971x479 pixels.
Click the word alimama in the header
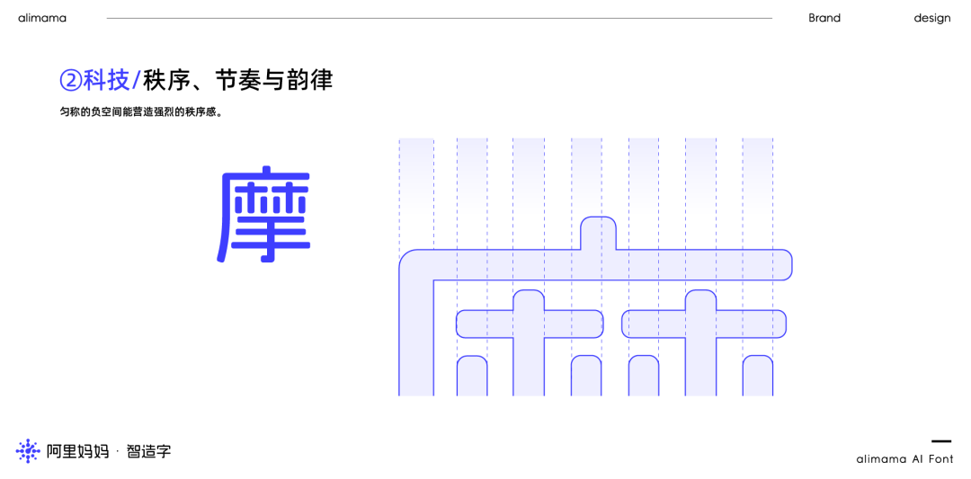(x=42, y=18)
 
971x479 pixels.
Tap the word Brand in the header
(x=824, y=18)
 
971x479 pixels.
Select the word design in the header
(x=931, y=18)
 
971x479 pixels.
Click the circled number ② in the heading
(x=71, y=80)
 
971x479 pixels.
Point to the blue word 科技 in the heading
(x=106, y=80)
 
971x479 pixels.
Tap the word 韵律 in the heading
(x=309, y=80)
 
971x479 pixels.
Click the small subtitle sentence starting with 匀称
(x=141, y=112)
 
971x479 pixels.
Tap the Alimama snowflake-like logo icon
(x=28, y=451)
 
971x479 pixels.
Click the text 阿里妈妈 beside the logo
(x=77, y=451)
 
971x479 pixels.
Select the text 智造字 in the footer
(x=148, y=451)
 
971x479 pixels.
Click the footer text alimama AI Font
(x=904, y=459)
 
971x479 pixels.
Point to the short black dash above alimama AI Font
(x=940, y=441)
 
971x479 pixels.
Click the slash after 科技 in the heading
(x=136, y=80)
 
